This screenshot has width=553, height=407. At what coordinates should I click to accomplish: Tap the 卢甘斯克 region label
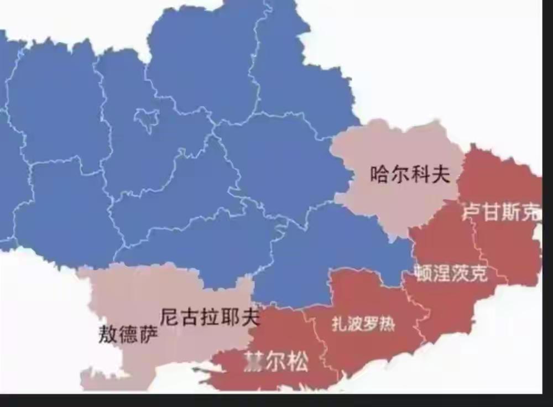click(x=501, y=212)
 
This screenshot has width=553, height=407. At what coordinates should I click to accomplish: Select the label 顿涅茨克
click(x=451, y=273)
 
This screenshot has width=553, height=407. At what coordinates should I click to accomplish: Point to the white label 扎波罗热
click(x=363, y=324)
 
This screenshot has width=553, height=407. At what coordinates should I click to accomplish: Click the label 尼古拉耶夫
click(x=210, y=317)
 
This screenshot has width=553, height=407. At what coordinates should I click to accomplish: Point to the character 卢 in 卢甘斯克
click(x=472, y=212)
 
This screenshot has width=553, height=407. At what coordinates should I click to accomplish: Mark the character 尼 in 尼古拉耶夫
click(x=170, y=317)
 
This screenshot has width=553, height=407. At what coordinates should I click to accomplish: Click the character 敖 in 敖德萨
click(x=108, y=334)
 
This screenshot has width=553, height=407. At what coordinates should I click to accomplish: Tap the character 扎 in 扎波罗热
click(x=339, y=324)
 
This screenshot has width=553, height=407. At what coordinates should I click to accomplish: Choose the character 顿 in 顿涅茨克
click(x=423, y=273)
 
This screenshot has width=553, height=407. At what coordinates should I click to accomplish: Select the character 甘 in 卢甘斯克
click(x=492, y=212)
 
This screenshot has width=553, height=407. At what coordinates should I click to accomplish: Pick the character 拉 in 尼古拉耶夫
click(x=210, y=317)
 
